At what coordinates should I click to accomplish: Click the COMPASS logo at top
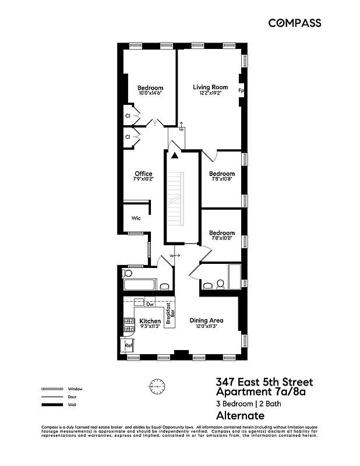[294, 23]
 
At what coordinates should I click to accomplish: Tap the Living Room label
[210, 87]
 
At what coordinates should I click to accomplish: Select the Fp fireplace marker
[241, 91]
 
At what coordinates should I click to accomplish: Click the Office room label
[143, 174]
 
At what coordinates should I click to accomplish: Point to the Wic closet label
[136, 218]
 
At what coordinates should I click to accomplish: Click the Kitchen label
[150, 321]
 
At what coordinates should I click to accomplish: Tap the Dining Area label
[207, 320]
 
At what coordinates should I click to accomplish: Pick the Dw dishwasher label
[150, 303]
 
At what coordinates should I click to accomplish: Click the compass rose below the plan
[157, 386]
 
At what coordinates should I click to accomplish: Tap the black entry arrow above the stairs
[174, 155]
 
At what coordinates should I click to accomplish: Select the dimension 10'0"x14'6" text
[150, 93]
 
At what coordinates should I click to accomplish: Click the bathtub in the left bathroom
[140, 285]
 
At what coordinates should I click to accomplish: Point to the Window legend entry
[75, 389]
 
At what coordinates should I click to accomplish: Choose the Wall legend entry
[72, 404]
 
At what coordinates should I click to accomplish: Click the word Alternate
[240, 415]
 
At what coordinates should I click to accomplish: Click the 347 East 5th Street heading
[264, 382]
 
